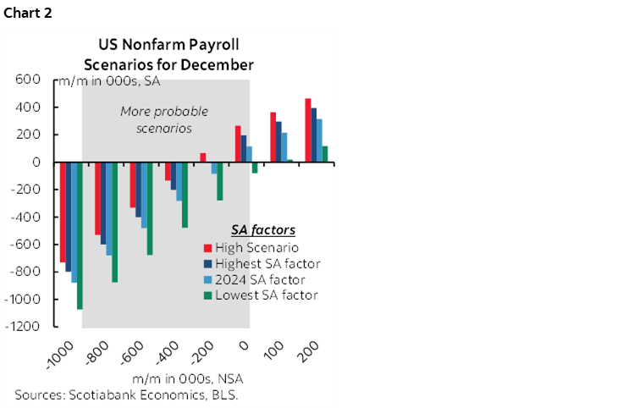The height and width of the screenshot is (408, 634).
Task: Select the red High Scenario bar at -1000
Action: [63, 212]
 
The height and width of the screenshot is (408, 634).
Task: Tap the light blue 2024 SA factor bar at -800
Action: [108, 208]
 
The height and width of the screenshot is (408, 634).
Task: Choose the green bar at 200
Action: [325, 154]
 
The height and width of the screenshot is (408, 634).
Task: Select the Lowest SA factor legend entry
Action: [266, 295]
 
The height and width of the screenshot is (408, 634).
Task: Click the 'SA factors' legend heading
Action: [262, 230]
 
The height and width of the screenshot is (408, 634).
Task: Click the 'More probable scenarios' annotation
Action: [163, 119]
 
